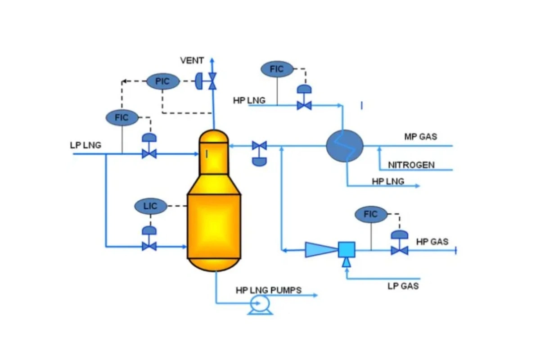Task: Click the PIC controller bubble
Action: point(163,81)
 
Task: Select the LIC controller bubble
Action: point(150,207)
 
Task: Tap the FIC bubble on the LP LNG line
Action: point(121,118)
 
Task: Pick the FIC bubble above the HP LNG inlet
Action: point(277,69)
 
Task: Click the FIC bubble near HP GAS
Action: point(370,215)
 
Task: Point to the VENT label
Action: point(192,60)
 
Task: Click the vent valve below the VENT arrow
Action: point(212,81)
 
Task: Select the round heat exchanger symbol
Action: point(345,145)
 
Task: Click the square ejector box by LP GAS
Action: point(346,249)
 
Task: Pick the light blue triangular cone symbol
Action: point(321,249)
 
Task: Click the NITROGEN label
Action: point(411,165)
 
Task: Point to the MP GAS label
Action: point(420,136)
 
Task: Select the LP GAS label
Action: point(403,286)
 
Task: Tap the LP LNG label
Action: point(85,145)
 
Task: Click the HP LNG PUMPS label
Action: point(269,290)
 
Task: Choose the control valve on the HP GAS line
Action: point(399,249)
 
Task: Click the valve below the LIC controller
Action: point(149,246)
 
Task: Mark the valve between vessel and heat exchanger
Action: point(259,146)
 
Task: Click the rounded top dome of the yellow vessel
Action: point(214,136)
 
